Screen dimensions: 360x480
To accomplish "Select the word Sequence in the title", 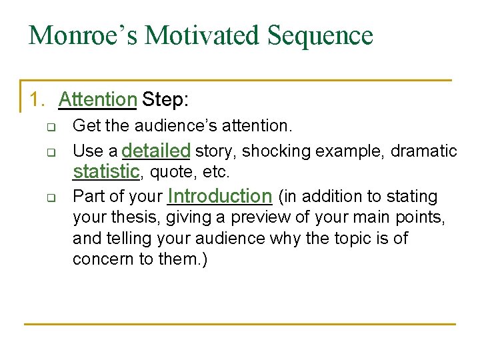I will [x=321, y=35].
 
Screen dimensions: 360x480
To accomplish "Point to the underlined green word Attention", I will [x=97, y=100].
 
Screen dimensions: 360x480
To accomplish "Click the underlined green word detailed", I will [x=157, y=150].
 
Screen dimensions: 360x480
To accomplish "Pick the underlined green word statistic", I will [x=106, y=171].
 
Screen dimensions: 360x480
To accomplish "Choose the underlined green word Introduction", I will [x=220, y=196].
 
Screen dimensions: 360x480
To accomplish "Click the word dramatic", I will [x=423, y=151].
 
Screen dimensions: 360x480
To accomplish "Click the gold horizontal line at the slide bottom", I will [x=240, y=324].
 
